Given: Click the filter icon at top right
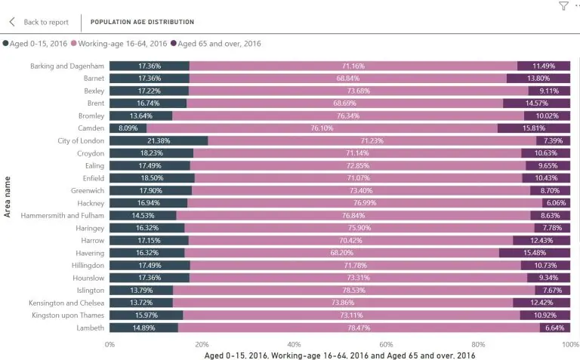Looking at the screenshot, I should tap(563, 6).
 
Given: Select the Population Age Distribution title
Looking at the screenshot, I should tap(142, 22).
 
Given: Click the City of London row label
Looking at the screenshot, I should tap(81, 141).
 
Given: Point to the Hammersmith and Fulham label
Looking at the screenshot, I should tap(61, 216).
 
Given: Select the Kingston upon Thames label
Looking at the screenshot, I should tap(66, 315).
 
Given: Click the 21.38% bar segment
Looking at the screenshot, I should tap(159, 141).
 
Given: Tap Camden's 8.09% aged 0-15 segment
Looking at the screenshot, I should tap(128, 128).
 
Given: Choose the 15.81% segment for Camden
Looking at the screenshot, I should tap(534, 128).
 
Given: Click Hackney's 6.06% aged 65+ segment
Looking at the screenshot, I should tap(556, 203).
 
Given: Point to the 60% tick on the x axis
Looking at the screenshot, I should tap(386, 344).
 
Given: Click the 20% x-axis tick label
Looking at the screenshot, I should tap(202, 344).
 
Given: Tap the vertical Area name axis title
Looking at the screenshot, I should tap(8, 197).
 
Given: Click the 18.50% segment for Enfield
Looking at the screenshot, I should tap(152, 178).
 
